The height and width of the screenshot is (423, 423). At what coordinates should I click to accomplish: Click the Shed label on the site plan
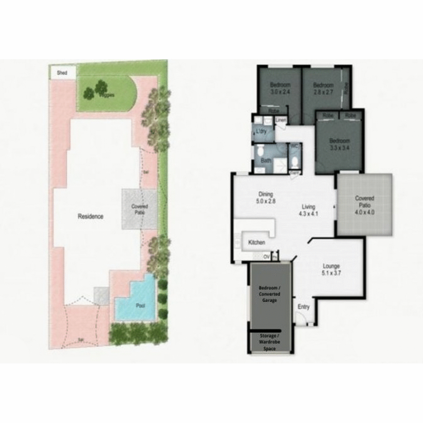62,73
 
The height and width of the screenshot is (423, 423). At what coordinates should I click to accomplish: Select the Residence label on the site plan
91,216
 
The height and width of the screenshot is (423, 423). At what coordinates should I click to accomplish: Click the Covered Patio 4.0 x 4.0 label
364,205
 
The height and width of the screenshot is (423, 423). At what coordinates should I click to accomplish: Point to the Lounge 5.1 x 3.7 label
331,269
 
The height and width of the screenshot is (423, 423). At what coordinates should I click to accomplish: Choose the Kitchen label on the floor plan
256,243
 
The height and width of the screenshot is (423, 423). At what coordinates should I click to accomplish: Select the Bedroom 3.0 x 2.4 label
280,88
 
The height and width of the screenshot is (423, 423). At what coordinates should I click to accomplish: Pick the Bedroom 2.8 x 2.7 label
323,88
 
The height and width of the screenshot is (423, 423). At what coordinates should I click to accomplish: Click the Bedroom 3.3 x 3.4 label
339,144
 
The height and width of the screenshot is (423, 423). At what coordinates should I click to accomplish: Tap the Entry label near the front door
303,307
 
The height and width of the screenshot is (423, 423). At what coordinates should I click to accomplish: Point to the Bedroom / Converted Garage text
269,294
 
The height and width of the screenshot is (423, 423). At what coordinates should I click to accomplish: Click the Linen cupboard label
280,120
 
